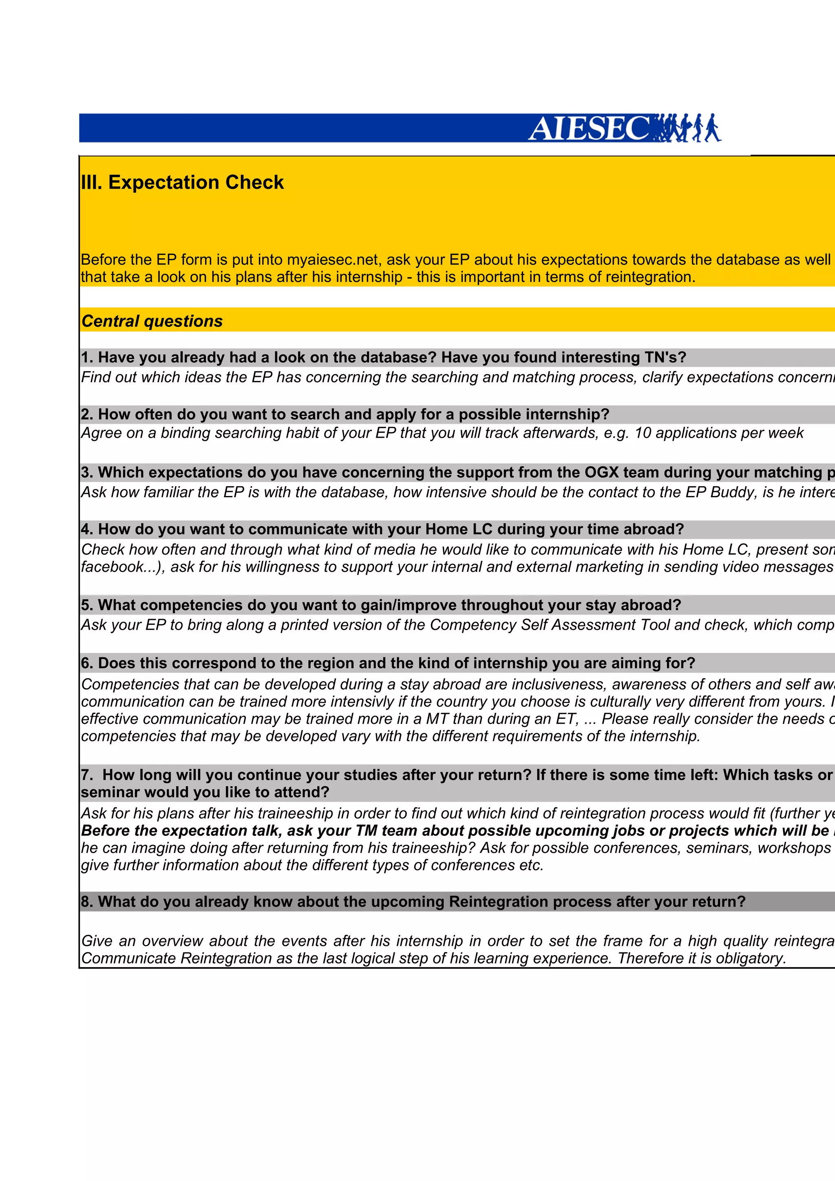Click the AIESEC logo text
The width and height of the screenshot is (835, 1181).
point(589,129)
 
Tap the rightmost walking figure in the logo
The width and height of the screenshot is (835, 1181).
point(713,128)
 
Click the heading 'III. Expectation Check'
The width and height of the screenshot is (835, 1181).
point(182,183)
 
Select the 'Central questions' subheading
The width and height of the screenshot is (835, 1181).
point(152,321)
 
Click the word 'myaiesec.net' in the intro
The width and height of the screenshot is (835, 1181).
point(332,259)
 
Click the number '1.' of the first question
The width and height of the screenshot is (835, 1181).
point(87,357)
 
